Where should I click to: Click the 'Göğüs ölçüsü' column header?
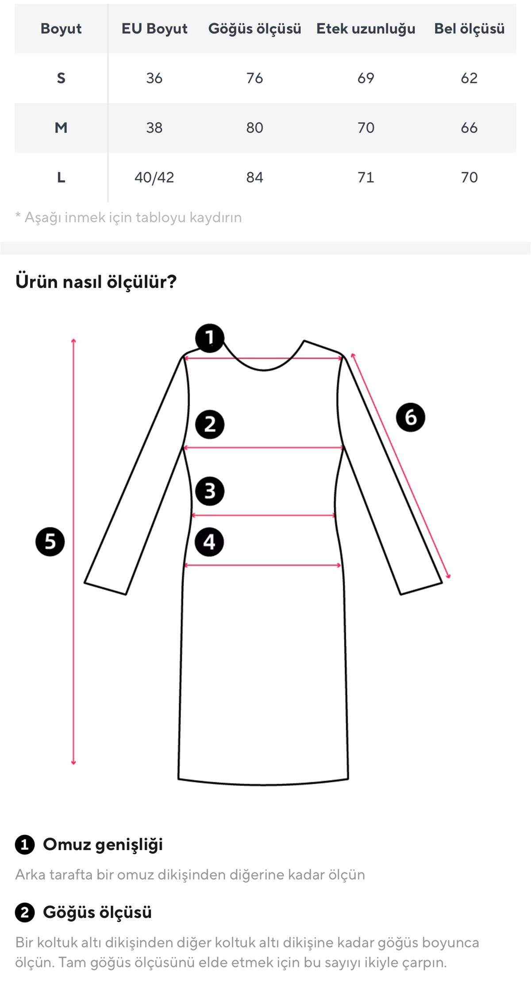click(254, 29)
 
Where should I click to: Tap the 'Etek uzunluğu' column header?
click(366, 29)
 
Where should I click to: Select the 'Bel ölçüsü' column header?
click(469, 29)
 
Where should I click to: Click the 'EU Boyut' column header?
click(154, 29)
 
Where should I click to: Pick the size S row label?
click(61, 78)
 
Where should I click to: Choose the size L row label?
click(61, 178)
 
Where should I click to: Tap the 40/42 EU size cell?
click(154, 178)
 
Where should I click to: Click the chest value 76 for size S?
click(254, 78)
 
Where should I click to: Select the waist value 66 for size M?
click(469, 128)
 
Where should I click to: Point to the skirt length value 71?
click(366, 178)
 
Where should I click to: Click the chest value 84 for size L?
click(254, 178)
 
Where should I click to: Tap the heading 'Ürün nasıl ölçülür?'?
click(96, 282)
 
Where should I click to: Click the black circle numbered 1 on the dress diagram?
click(210, 338)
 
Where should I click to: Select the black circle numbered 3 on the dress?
click(210, 491)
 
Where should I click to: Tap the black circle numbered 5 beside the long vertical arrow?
click(50, 542)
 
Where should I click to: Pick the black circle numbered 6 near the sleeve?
click(410, 417)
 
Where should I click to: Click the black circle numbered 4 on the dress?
click(209, 542)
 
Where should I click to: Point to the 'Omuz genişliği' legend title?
click(103, 844)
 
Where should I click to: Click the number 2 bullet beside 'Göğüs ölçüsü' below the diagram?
click(25, 913)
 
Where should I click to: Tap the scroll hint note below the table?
click(129, 217)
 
